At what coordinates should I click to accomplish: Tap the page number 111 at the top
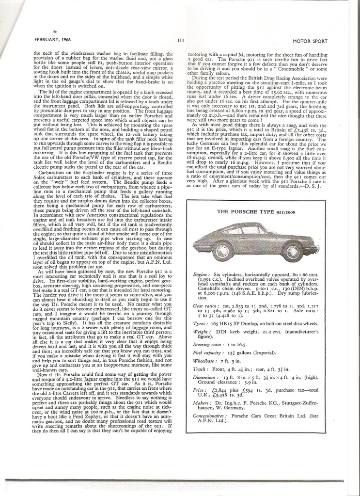click(180, 40)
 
